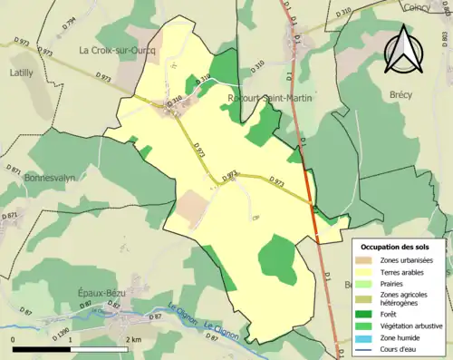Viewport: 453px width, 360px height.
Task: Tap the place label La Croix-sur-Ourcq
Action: (x=118, y=50)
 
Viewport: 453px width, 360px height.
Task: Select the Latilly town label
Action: (x=21, y=71)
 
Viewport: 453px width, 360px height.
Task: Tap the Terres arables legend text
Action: (x=406, y=270)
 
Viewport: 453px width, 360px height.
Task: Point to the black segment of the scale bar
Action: (x=43, y=348)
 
